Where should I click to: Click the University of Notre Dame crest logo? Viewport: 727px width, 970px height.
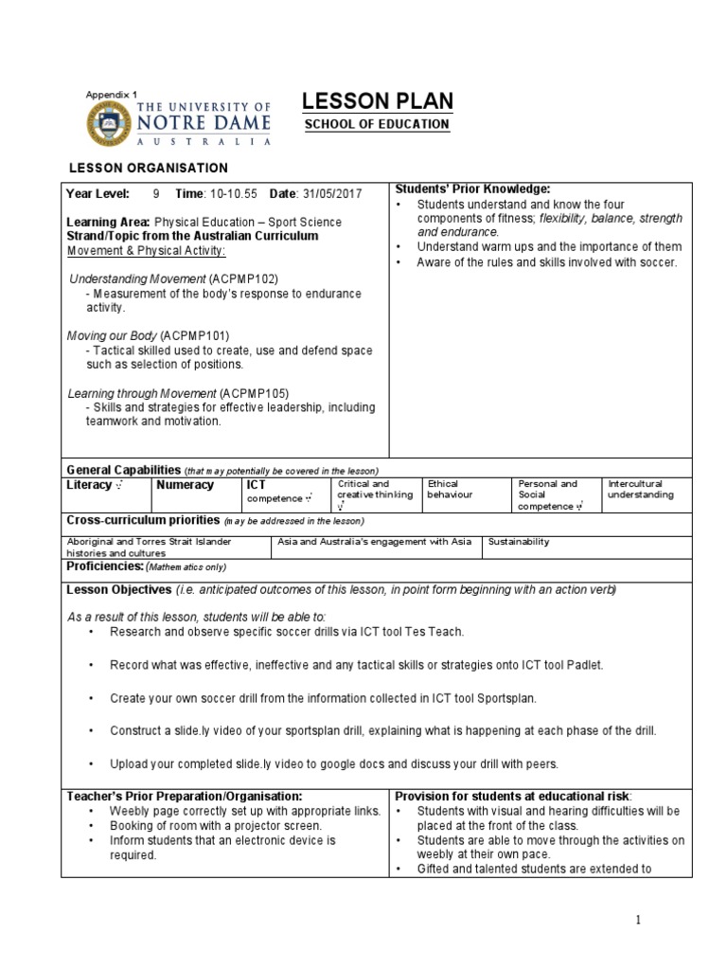tap(110, 124)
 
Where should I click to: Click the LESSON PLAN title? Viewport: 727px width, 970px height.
tap(377, 101)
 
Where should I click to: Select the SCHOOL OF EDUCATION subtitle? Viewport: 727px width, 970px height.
tap(376, 125)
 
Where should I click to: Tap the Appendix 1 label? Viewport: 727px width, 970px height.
tap(111, 95)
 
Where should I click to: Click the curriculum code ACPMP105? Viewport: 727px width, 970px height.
tap(254, 392)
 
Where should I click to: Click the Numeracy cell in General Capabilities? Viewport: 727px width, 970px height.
tap(186, 485)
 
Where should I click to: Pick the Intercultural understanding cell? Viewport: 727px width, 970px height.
tap(641, 490)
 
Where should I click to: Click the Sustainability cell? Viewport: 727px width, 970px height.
tap(519, 542)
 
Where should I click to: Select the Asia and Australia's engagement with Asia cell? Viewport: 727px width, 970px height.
tap(374, 542)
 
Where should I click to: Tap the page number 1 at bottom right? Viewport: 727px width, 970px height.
tap(638, 920)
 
